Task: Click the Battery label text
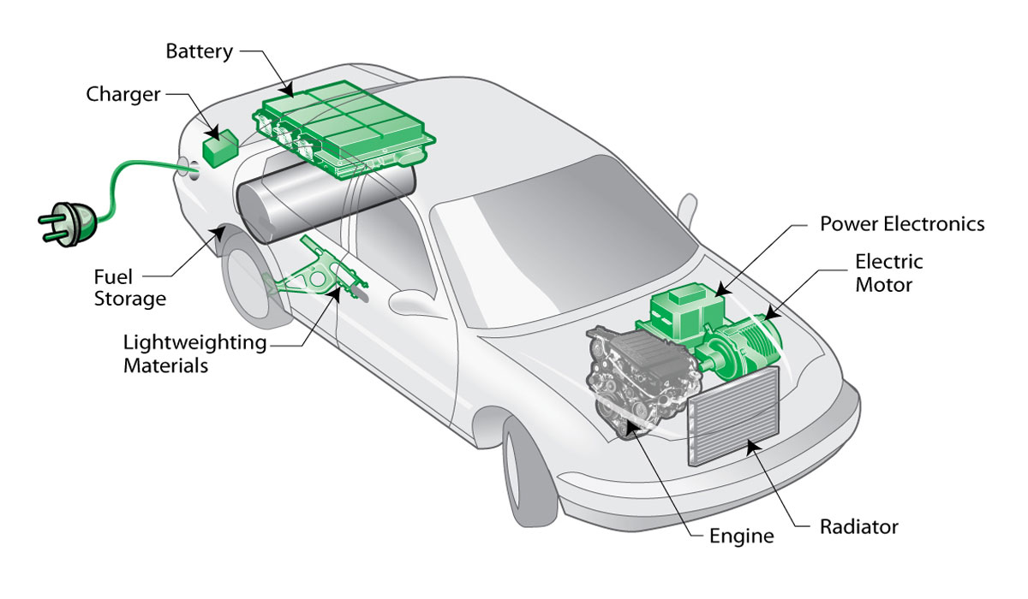pyautogui.click(x=198, y=51)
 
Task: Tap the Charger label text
pyautogui.click(x=123, y=94)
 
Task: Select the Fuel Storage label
pyautogui.click(x=129, y=288)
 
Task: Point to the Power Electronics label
pyautogui.click(x=902, y=224)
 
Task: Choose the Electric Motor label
pyautogui.click(x=888, y=272)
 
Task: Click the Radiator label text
pyautogui.click(x=858, y=526)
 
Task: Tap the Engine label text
pyautogui.click(x=741, y=537)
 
